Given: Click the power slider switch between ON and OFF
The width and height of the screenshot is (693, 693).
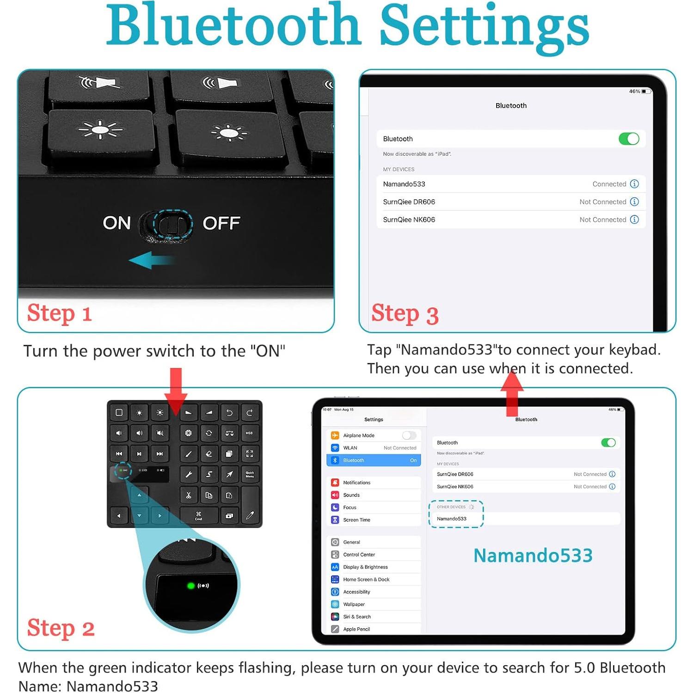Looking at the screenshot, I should pyautogui.click(x=172, y=224).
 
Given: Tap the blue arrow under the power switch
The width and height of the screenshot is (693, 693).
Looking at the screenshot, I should pyautogui.click(x=151, y=260).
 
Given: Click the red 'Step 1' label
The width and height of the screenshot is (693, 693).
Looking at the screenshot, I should pyautogui.click(x=60, y=313).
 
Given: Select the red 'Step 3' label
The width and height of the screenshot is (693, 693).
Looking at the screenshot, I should pyautogui.click(x=405, y=314).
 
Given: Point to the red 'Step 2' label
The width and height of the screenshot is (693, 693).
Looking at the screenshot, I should pyautogui.click(x=61, y=628).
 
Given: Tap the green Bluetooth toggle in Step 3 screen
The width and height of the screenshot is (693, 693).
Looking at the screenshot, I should pyautogui.click(x=628, y=139).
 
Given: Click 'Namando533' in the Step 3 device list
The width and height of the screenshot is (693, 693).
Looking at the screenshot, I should pyautogui.click(x=404, y=184).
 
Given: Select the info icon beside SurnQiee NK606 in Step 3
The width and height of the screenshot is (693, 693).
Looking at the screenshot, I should pyautogui.click(x=634, y=220).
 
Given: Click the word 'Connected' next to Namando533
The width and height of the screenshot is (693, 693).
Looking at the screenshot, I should pyautogui.click(x=609, y=184).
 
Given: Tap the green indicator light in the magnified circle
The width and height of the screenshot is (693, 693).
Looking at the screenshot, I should pyautogui.click(x=190, y=586).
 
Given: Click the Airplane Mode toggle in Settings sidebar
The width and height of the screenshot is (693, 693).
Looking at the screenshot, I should pyautogui.click(x=409, y=435).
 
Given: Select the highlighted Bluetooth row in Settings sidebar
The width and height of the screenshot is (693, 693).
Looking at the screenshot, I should pyautogui.click(x=374, y=460).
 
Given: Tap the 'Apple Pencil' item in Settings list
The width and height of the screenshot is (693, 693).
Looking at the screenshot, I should pyautogui.click(x=356, y=629).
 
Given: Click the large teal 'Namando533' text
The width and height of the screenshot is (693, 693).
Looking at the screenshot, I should pyautogui.click(x=533, y=555).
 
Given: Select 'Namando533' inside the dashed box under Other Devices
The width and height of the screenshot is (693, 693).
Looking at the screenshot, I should pyautogui.click(x=452, y=519).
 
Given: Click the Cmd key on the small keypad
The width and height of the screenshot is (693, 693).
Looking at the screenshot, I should pyautogui.click(x=198, y=515).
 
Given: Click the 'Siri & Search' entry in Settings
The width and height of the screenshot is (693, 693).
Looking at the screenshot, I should pyautogui.click(x=357, y=617).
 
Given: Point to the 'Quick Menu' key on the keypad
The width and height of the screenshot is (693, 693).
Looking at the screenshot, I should pyautogui.click(x=250, y=474).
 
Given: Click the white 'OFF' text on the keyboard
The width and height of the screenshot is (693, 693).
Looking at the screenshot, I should pyautogui.click(x=221, y=223).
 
